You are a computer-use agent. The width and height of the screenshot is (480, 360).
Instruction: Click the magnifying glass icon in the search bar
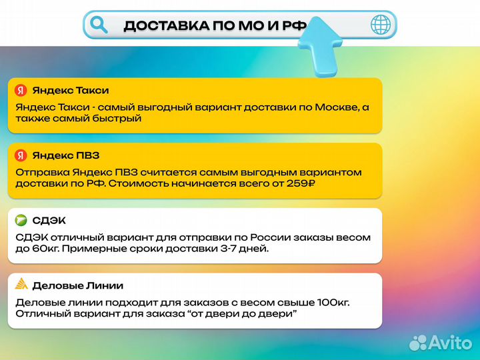pyautogui.click(x=99, y=25)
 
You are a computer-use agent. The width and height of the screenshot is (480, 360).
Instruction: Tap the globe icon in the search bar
pyautogui.click(x=381, y=25)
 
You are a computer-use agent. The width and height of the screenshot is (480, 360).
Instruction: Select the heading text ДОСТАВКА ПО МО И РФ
pyautogui.click(x=215, y=26)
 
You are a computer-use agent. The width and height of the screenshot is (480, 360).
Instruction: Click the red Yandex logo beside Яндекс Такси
pyautogui.click(x=21, y=91)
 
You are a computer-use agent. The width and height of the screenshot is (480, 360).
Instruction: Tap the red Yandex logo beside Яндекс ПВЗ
pyautogui.click(x=21, y=155)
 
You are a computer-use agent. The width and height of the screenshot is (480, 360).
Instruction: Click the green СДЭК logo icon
pyautogui.click(x=21, y=221)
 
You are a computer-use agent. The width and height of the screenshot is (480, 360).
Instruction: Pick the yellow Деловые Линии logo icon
pyautogui.click(x=21, y=285)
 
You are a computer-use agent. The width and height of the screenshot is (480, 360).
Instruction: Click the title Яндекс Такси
pyautogui.click(x=71, y=91)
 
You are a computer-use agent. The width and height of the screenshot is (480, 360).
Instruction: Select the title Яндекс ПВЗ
pyautogui.click(x=66, y=155)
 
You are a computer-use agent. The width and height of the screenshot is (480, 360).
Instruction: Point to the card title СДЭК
pyautogui.click(x=49, y=221)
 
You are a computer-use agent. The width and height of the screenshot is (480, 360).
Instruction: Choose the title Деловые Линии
pyautogui.click(x=77, y=285)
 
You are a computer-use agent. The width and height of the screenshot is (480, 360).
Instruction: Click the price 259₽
pyautogui.click(x=297, y=184)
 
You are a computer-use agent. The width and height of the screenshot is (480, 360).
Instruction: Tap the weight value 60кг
pyautogui.click(x=44, y=249)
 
